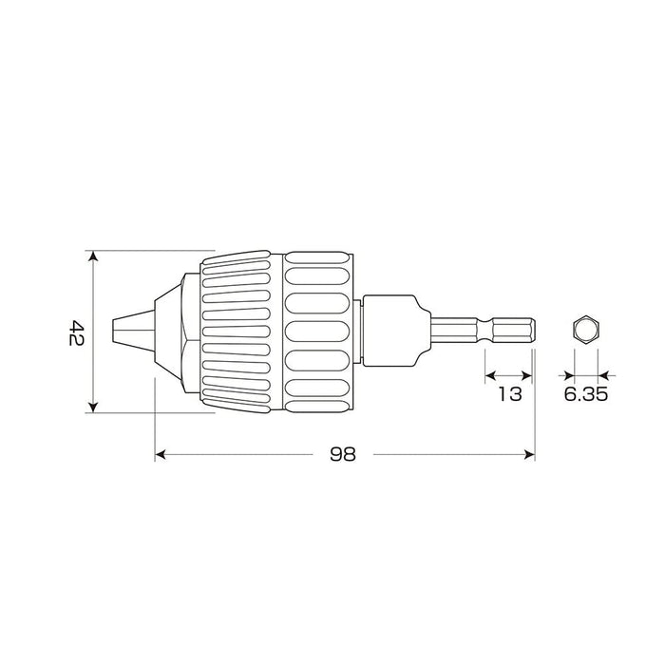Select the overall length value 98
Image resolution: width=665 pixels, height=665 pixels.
343,454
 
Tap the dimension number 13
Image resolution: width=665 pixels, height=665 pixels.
510,394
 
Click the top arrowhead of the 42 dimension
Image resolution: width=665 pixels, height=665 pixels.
92,256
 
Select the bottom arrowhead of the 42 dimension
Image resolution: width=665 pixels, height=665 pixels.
92,408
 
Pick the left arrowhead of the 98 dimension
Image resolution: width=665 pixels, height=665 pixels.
160,455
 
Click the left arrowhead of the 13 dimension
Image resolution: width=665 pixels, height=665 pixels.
489,376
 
